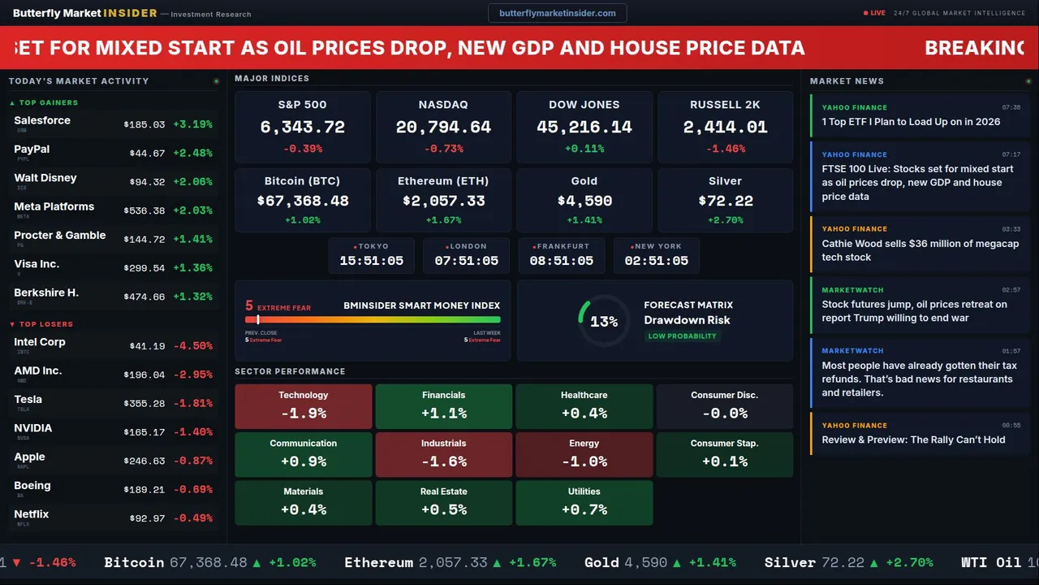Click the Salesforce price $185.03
point(144,125)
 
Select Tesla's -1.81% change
point(195,404)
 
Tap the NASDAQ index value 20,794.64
point(443,128)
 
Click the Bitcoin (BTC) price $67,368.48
point(303,201)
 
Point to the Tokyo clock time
point(371,261)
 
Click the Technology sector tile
point(304,406)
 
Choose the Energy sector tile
point(584,454)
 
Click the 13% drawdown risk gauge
point(604,322)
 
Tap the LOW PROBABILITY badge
point(682,336)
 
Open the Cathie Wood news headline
point(920,250)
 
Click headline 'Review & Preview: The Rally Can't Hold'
point(913,440)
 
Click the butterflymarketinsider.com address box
point(558,13)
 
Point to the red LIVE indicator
point(875,13)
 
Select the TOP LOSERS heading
point(45,324)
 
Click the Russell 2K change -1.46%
point(725,149)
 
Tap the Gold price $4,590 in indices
point(584,201)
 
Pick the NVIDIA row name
point(33,428)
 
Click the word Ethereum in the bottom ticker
point(378,562)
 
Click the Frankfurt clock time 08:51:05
point(561,261)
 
